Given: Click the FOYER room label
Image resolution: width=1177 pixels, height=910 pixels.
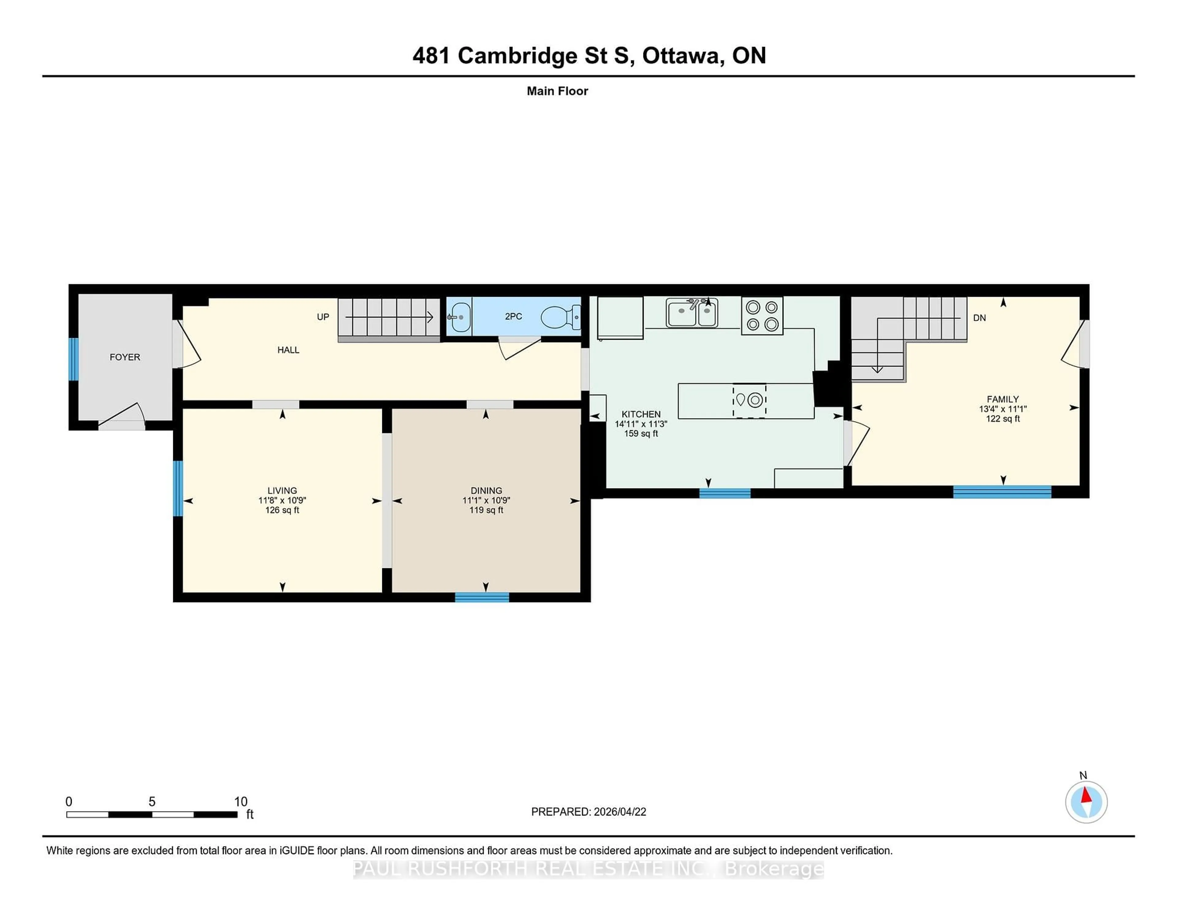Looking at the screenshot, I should point(124,357).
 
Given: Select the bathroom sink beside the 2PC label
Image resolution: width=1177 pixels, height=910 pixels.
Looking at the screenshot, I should point(460,317).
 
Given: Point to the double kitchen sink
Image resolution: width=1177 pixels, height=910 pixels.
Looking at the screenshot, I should point(691,313).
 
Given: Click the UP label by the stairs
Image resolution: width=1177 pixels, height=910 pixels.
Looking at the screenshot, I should point(323,317).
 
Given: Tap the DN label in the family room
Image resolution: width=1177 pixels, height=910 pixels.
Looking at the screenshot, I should point(979,318).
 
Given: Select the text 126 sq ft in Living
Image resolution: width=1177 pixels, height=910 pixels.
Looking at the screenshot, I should point(282,510).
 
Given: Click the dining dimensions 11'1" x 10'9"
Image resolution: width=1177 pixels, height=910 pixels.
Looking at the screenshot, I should point(486,500).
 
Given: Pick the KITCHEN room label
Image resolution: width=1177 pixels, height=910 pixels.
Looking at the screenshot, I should point(641,414).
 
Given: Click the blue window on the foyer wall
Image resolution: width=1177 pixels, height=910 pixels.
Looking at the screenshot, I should point(73,359).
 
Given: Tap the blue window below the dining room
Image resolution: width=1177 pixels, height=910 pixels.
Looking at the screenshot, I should point(482,597).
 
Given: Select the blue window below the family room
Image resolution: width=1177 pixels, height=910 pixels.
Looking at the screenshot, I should point(1002,492).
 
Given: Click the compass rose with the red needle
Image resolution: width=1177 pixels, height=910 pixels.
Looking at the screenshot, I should point(1086,802).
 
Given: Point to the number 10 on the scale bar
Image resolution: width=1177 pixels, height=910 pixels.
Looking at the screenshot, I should point(240,802).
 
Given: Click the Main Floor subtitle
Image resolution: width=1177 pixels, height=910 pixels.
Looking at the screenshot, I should point(557,91).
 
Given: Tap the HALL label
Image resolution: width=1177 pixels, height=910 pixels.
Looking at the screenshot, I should point(288,350).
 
